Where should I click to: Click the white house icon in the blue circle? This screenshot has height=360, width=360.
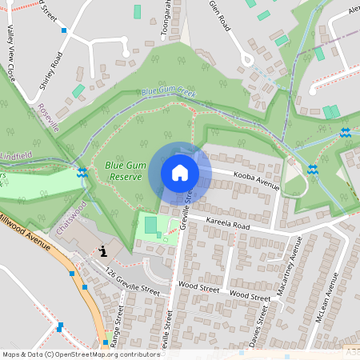(x=180, y=173)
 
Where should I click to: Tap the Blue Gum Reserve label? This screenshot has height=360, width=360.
(x=124, y=170)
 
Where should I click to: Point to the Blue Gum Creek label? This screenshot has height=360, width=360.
(x=169, y=92)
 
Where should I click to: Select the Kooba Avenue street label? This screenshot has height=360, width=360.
(x=256, y=178)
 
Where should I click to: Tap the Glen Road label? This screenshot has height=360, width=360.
(x=219, y=16)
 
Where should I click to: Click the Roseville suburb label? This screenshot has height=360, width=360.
(x=46, y=117)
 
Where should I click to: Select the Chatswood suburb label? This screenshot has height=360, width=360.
(x=72, y=217)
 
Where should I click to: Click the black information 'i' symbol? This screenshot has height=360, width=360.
(x=103, y=251)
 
